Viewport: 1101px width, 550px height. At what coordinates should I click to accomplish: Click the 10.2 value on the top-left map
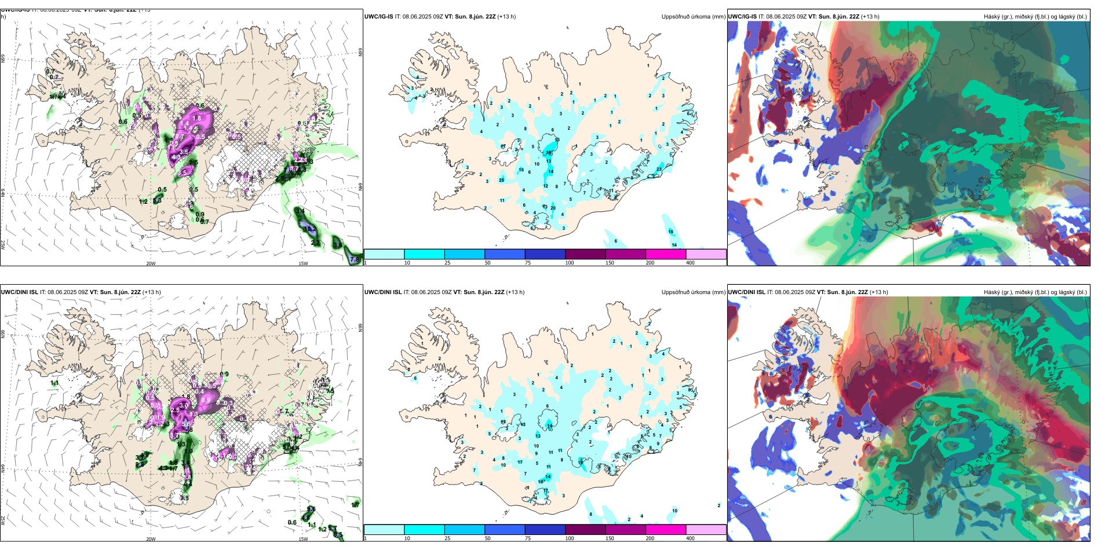click(311, 229)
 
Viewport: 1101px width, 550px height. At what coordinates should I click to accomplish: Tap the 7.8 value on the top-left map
click(355, 260)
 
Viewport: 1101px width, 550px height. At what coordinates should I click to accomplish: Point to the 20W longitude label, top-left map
click(151, 263)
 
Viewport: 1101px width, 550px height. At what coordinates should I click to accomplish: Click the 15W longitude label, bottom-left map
click(303, 539)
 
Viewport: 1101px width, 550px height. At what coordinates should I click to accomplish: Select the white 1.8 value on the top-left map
click(196, 118)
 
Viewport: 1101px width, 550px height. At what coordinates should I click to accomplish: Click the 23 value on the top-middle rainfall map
click(659, 169)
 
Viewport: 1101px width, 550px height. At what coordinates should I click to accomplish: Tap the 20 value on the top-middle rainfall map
click(553, 208)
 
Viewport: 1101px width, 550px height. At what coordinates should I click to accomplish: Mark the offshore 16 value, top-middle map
click(670, 232)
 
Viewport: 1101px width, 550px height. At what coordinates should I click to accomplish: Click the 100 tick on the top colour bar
click(570, 263)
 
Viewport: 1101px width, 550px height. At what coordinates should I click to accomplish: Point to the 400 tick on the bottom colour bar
click(690, 538)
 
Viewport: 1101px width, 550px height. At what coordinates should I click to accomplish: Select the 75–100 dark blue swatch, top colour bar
click(545, 254)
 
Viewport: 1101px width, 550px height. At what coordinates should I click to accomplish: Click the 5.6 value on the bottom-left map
click(186, 424)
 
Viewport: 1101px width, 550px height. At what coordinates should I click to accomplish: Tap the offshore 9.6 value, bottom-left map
click(311, 509)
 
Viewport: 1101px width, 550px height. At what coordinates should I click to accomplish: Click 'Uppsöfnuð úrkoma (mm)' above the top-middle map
click(693, 17)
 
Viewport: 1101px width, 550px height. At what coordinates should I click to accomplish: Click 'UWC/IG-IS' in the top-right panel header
click(742, 17)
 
